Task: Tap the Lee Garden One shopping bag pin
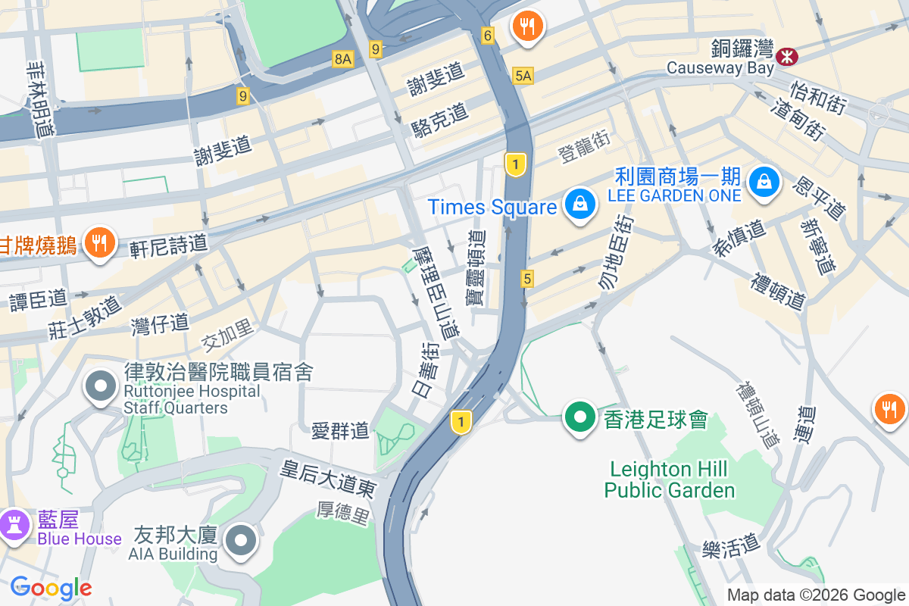[764, 183]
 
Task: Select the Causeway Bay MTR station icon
[788, 55]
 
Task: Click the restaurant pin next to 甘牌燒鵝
[98, 243]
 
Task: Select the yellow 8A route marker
[343, 58]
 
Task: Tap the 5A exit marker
[523, 75]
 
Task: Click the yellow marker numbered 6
[487, 35]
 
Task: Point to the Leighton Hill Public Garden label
[670, 479]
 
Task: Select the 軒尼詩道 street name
[168, 245]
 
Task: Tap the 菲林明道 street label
[39, 98]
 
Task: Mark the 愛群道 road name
[340, 431]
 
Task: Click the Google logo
[51, 588]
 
